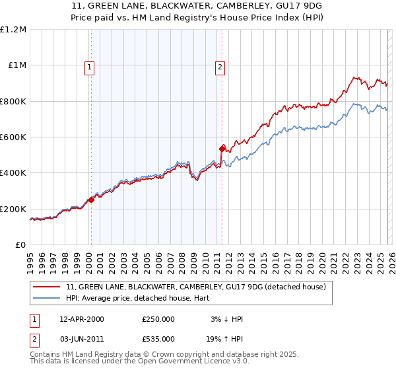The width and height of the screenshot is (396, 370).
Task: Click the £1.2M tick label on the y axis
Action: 13,29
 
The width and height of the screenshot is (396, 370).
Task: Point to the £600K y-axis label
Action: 13,137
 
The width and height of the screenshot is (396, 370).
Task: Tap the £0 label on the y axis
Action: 20,244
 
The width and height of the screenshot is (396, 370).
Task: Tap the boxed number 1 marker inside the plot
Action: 88,66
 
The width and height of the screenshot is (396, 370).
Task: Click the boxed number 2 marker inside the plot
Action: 220,66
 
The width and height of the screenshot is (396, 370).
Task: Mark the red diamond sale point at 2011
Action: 222,149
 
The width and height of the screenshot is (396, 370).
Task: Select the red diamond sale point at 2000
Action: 91,200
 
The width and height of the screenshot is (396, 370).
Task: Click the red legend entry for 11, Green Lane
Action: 196,287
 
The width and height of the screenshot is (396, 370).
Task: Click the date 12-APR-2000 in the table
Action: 81,319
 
